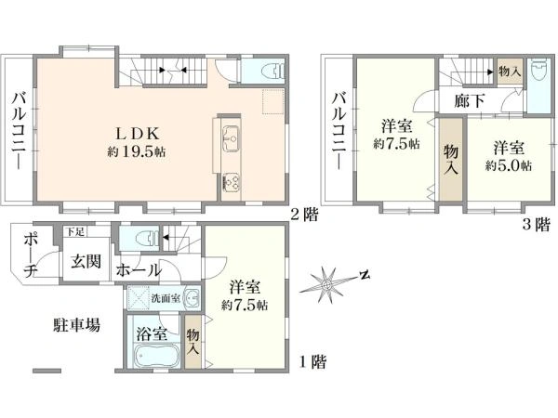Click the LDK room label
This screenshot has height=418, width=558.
click(137, 134)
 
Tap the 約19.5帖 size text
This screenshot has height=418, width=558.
click(137, 152)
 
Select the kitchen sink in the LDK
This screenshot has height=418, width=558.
click(231, 139)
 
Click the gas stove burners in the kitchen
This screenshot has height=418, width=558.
click(231, 182)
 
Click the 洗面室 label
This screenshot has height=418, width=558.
click(166, 298)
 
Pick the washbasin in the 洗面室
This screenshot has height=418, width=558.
click(193, 297)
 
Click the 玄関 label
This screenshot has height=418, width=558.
click(86, 262)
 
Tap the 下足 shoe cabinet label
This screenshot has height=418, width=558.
click(74, 232)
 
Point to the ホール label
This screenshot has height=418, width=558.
click(139, 270)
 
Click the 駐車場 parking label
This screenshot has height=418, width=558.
click(76, 324)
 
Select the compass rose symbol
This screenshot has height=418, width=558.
click(327, 284)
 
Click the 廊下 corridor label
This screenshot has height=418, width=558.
click(469, 101)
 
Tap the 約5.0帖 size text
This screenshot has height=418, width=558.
click(509, 165)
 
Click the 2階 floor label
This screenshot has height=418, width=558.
click(304, 216)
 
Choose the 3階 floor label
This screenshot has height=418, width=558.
click(536, 225)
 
